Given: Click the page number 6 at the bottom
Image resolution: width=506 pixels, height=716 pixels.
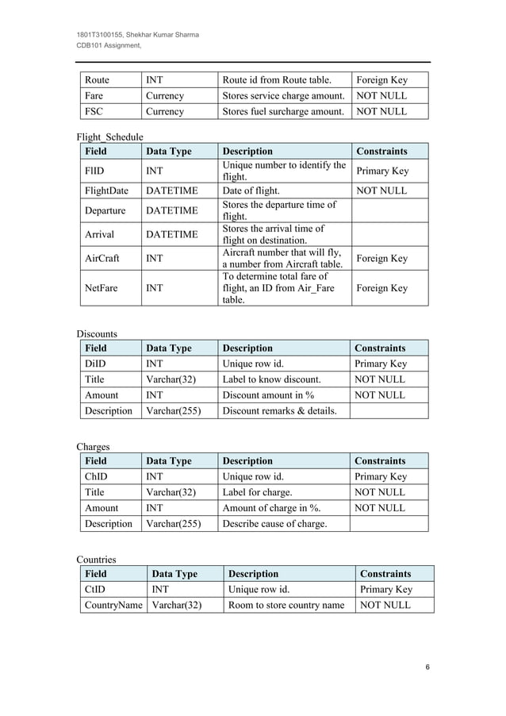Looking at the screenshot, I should coord(427,667).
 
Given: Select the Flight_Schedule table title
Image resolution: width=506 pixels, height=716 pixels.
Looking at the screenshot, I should coord(109,137).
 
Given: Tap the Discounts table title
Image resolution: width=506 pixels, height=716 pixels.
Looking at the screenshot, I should coord(97,333).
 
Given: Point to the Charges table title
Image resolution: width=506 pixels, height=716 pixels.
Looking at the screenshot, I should coord(93,446).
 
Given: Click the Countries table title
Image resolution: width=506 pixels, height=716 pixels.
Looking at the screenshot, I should coord(96,559).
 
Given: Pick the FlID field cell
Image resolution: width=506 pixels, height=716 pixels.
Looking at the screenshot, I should coord(95,171).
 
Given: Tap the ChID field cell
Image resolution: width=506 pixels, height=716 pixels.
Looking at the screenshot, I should coord(96,476).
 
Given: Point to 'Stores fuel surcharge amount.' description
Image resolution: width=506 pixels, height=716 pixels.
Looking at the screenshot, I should coord(282,111).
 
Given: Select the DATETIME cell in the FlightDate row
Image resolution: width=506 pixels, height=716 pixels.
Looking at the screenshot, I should coord(171,191).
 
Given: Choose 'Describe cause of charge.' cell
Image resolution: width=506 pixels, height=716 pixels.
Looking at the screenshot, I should coord(274,523).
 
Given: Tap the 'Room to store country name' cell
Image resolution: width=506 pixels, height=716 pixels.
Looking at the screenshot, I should coord(286,605).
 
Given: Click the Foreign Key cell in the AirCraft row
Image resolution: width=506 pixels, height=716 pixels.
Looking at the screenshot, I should coord(382,258).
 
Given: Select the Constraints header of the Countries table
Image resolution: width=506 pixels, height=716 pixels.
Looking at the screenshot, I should coord(385,573).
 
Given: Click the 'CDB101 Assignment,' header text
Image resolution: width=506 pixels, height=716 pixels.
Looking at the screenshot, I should coord(109,46).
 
